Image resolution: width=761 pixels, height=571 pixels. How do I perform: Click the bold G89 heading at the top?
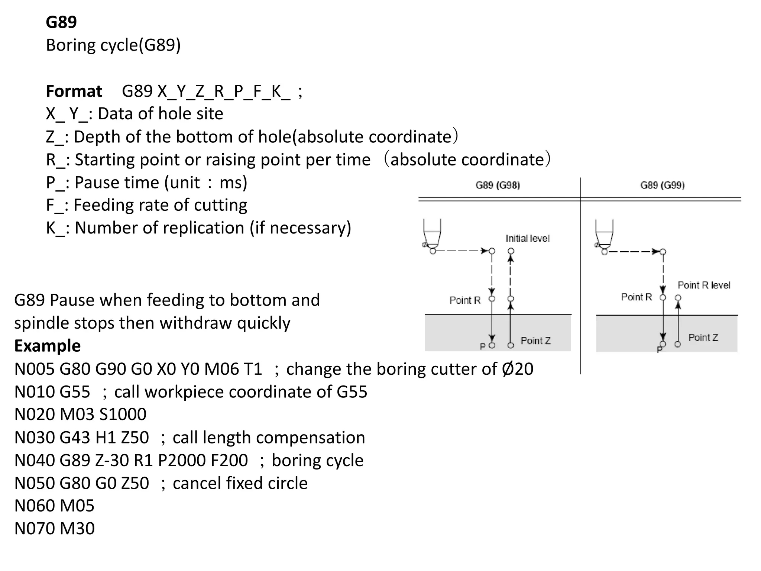point(61,22)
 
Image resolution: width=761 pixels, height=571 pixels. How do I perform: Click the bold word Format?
point(74,91)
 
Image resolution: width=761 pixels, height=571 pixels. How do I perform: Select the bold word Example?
point(47,346)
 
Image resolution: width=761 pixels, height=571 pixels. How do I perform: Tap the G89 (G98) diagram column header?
point(498,185)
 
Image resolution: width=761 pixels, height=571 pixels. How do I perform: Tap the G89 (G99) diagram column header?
point(663,185)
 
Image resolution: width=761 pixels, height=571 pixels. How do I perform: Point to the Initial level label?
point(527,238)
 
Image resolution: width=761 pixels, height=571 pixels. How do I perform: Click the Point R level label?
point(704,285)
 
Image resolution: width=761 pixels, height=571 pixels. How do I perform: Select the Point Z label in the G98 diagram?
point(535,341)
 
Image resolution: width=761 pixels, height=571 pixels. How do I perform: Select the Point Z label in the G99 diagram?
point(703,338)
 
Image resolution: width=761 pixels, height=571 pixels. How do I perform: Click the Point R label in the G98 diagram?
point(465,300)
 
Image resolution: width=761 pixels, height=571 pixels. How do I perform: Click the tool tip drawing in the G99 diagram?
point(604,236)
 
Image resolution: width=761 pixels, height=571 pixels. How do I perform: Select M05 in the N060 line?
point(77,506)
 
